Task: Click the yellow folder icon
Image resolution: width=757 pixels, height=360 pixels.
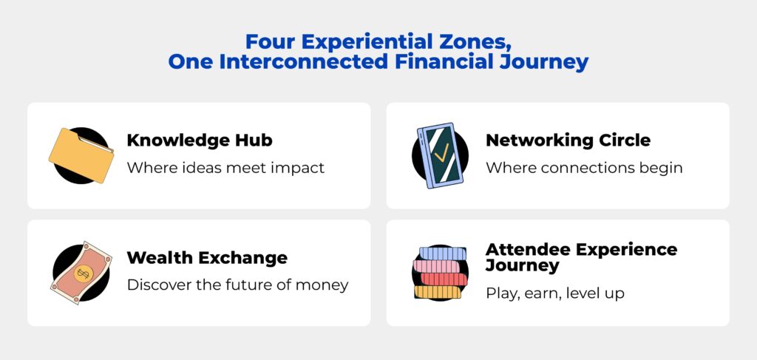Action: [81, 155]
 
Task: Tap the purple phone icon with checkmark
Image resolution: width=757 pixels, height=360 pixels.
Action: [440, 155]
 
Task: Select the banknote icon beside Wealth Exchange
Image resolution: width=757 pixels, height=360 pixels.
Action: [81, 273]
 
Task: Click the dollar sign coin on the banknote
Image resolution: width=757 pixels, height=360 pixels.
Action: [81, 274]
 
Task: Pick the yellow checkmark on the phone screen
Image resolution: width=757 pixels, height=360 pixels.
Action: [441, 153]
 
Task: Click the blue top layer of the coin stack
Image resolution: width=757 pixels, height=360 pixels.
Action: [443, 254]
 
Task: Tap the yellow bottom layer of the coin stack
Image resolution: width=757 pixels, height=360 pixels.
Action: [438, 292]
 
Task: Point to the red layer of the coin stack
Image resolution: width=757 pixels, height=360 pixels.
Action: [444, 279]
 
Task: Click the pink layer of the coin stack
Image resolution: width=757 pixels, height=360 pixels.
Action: [437, 266]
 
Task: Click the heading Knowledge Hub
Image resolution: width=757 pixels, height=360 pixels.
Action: [200, 140]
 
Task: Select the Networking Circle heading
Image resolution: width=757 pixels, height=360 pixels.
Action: [568, 140]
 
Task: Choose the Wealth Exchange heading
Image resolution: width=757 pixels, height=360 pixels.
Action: [207, 258]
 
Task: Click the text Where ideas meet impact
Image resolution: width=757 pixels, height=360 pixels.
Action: [225, 168]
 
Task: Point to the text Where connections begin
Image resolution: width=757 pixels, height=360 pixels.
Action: [584, 168]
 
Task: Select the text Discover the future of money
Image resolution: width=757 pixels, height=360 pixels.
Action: [237, 285]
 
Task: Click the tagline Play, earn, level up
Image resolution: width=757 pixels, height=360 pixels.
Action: [554, 293]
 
